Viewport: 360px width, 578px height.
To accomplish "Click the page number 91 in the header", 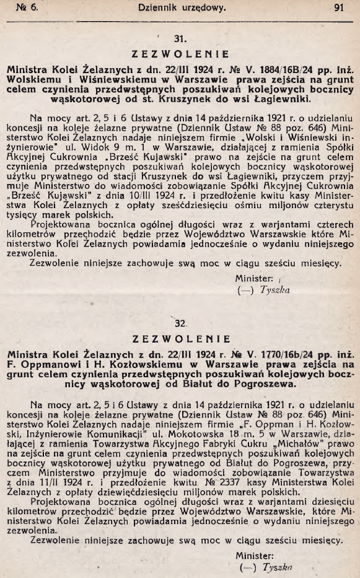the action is tap(338, 9).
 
